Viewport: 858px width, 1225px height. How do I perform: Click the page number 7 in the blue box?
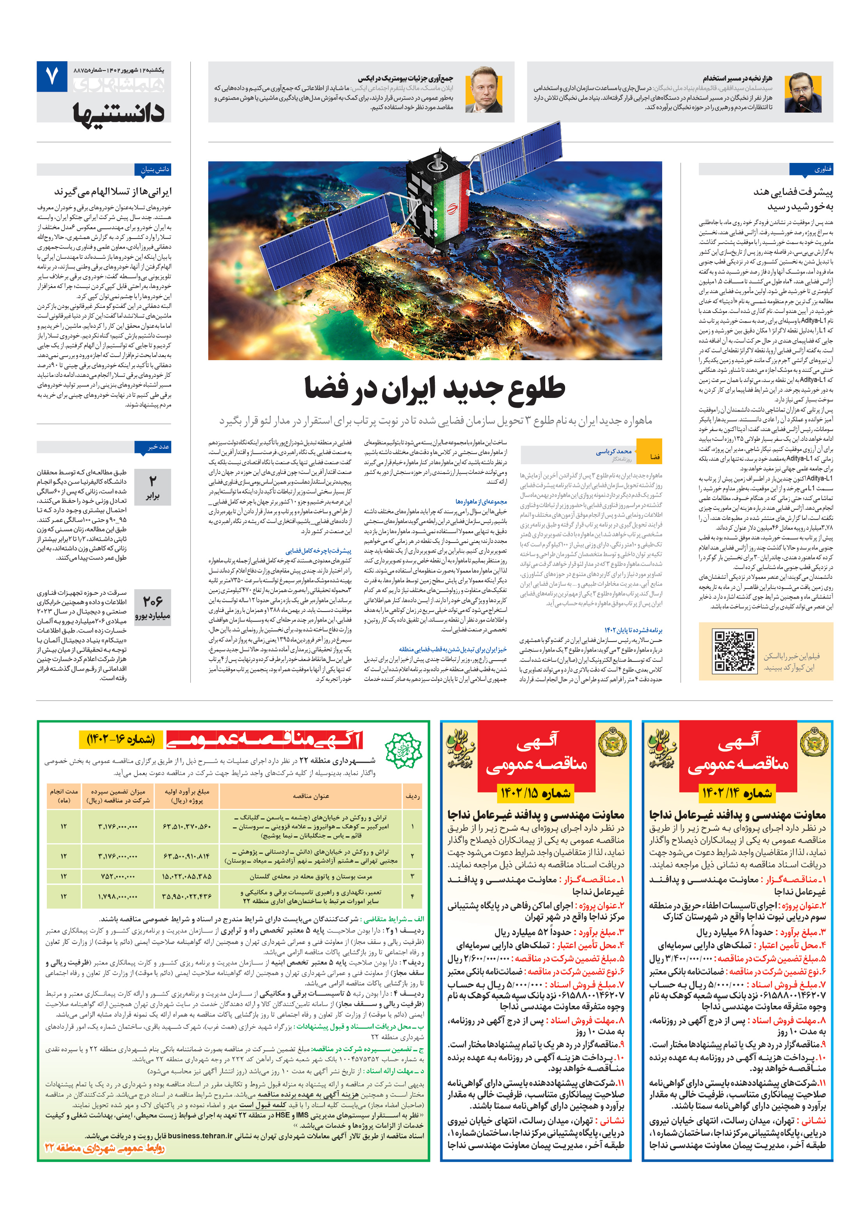pos(52,77)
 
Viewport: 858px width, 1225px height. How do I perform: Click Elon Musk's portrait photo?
pos(483,90)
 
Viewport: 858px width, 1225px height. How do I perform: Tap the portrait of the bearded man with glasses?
pos(803,92)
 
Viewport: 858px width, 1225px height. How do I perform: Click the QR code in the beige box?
pos(735,651)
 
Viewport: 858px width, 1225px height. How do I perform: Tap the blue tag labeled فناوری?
pos(811,170)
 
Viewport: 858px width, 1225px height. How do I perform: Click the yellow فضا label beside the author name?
pos(654,456)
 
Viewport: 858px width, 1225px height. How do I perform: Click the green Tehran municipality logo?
pos(403,749)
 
